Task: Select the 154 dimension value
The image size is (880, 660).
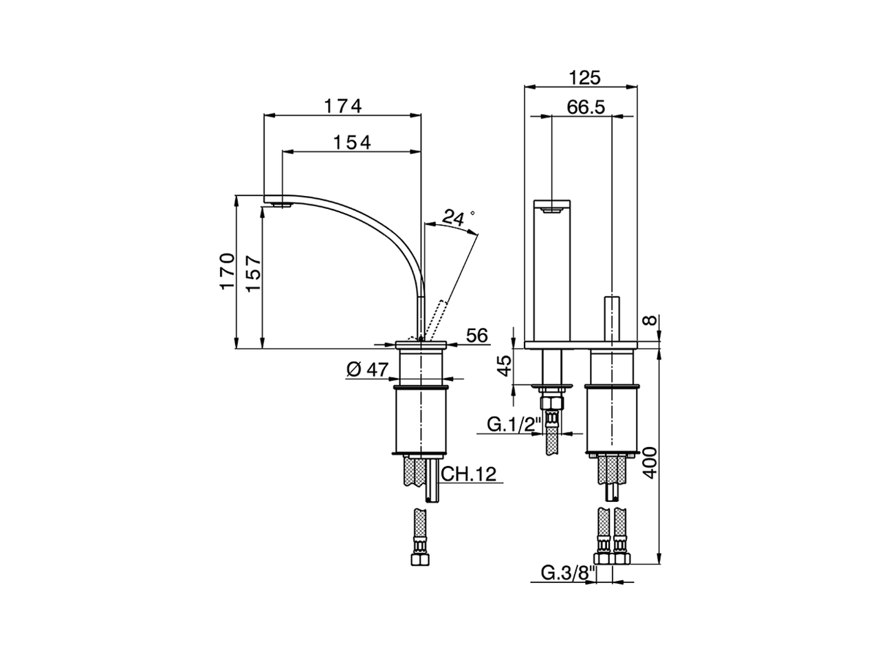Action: click(x=352, y=142)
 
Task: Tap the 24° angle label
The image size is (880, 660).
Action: click(x=456, y=218)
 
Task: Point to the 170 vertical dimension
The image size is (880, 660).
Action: click(x=228, y=271)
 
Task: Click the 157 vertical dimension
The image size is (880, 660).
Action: click(x=252, y=273)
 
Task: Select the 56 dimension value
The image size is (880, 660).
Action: click(x=476, y=335)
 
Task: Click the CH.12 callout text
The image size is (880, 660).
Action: click(x=467, y=474)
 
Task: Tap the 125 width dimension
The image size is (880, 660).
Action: click(x=584, y=78)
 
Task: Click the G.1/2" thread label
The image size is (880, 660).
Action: click(x=514, y=424)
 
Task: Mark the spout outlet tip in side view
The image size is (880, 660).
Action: click(x=281, y=203)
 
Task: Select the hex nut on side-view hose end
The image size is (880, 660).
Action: click(x=419, y=558)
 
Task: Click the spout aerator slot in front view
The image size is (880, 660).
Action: click(x=552, y=211)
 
